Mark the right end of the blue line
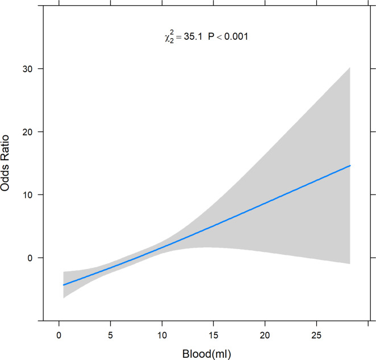(350, 165)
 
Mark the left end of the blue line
(63, 284)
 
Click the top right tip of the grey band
(350, 68)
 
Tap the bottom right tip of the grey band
(350, 264)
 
